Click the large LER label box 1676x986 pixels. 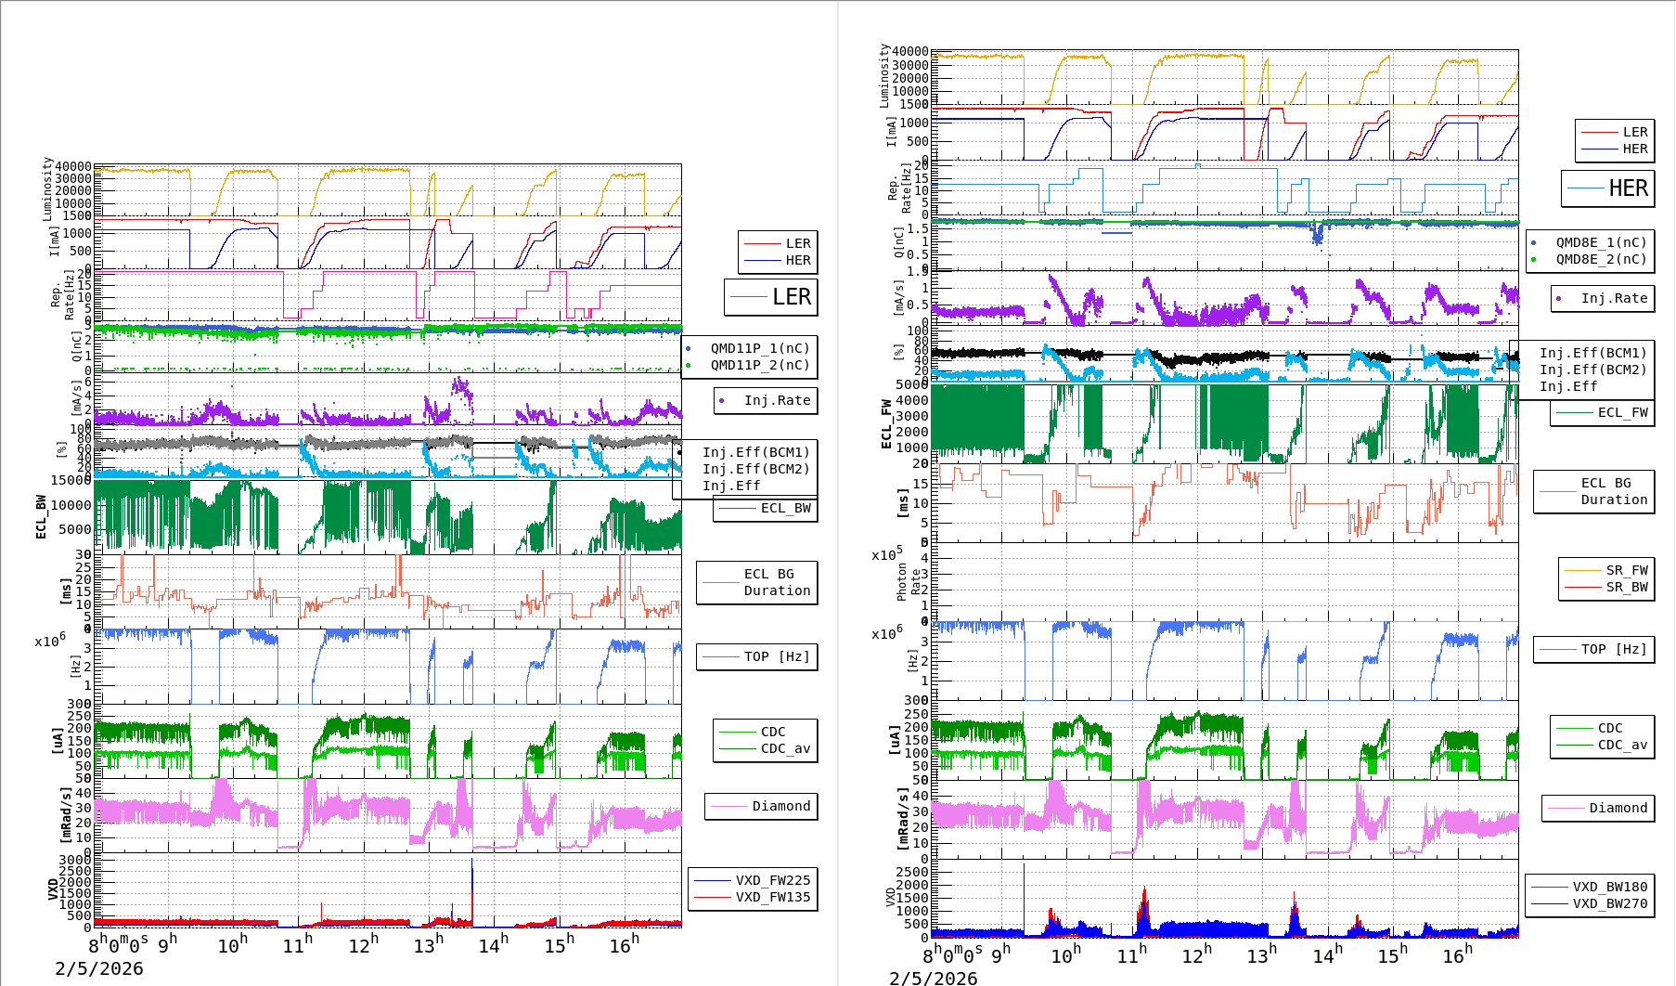[x=771, y=297]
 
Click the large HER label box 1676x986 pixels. [x=1608, y=188]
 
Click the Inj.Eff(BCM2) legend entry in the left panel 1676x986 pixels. [x=755, y=469]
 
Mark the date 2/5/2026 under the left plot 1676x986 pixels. [x=99, y=968]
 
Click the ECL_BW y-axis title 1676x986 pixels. [x=41, y=517]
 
